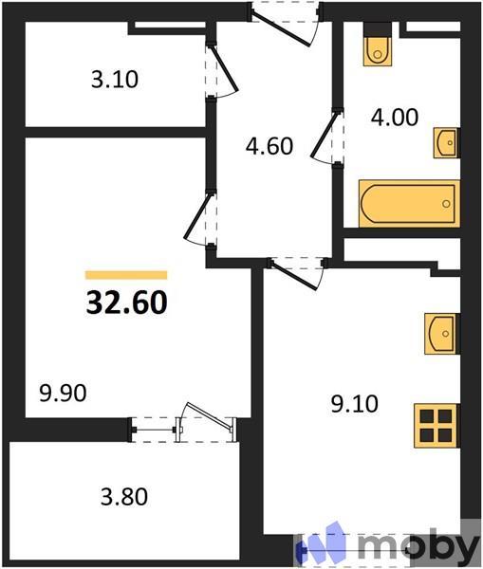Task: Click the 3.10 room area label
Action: click(115, 80)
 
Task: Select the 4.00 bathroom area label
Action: click(393, 119)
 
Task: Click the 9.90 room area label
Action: click(62, 393)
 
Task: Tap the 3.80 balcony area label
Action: click(123, 495)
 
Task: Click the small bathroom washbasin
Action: click(446, 142)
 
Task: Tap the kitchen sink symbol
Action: click(441, 333)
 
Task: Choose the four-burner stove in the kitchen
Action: click(437, 424)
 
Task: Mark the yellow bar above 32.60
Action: click(126, 274)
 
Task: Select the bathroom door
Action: click(327, 138)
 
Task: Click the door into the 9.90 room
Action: click(199, 219)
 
